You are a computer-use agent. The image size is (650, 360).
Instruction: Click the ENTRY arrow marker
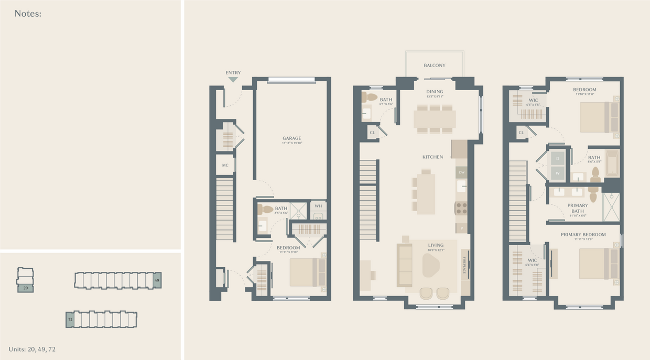(x=233, y=79)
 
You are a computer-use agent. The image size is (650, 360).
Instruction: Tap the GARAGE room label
(x=291, y=138)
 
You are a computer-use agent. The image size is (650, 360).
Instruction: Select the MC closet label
(x=225, y=166)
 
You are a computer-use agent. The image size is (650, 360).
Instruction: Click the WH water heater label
(x=318, y=206)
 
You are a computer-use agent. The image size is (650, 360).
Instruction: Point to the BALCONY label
(x=435, y=66)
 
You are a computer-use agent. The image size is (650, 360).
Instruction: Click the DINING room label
(x=435, y=92)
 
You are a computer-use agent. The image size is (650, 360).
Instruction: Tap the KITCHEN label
(x=433, y=157)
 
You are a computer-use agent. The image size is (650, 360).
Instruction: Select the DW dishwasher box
(x=461, y=172)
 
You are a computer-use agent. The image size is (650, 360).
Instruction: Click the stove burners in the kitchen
(x=461, y=208)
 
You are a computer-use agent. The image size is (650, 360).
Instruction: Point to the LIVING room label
(x=436, y=245)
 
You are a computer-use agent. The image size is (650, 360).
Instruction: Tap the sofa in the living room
(x=405, y=265)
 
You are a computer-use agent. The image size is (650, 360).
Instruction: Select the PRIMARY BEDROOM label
(x=583, y=235)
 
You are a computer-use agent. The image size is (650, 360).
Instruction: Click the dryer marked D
(x=557, y=158)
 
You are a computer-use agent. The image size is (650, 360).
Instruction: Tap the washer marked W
(x=557, y=172)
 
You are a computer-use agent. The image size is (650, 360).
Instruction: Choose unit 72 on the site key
(x=70, y=319)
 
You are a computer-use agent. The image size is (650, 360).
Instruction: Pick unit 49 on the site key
(x=157, y=280)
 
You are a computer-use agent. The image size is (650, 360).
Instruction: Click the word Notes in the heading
(x=27, y=14)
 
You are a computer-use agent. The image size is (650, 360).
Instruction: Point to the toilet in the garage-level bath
(x=266, y=209)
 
